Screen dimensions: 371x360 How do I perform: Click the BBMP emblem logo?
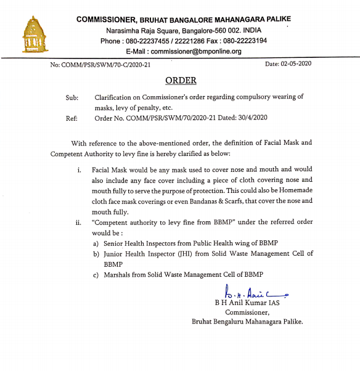(35, 35)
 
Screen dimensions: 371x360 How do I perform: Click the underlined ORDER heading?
(181, 81)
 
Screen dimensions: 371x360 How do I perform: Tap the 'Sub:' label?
(72, 97)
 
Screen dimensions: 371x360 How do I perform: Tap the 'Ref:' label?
(72, 118)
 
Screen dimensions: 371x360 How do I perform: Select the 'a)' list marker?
(96, 244)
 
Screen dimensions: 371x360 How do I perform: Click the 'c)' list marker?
(96, 274)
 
